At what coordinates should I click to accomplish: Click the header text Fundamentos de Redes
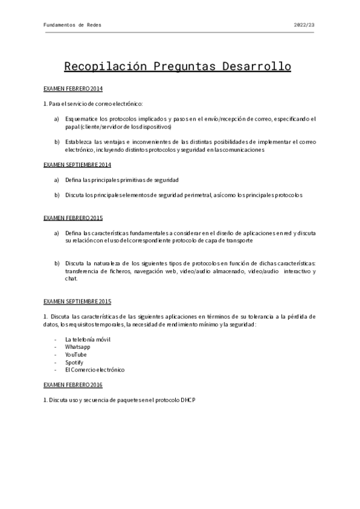click(x=73, y=25)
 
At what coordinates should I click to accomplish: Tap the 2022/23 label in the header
click(x=304, y=25)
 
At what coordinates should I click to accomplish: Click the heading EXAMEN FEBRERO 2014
click(x=73, y=89)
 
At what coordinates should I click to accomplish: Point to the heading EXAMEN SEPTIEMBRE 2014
click(x=77, y=164)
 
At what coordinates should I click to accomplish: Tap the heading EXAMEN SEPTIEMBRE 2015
click(x=77, y=301)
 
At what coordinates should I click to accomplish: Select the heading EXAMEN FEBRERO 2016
click(x=73, y=385)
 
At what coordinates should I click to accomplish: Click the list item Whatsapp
click(x=78, y=347)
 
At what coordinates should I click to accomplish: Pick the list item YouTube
click(x=76, y=355)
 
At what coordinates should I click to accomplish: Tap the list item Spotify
click(x=74, y=363)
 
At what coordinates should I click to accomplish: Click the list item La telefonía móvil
click(x=88, y=339)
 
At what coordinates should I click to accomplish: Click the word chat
click(x=71, y=279)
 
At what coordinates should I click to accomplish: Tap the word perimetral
click(x=193, y=195)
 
